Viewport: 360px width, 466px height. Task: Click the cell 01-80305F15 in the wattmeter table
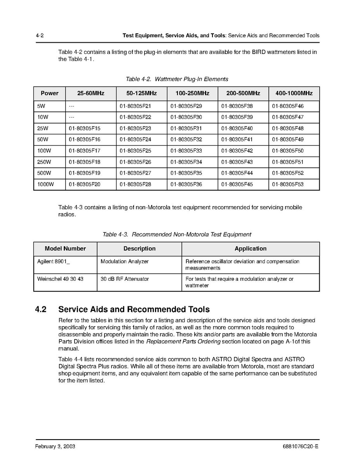[x=85, y=129]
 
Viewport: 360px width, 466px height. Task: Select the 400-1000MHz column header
[x=294, y=94]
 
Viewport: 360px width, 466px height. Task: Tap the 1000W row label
[x=46, y=184]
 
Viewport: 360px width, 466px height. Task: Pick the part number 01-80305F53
[x=288, y=184]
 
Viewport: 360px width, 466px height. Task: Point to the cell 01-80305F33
[x=186, y=151]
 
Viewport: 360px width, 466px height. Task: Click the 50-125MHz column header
[x=141, y=94]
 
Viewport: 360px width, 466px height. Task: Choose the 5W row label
[x=41, y=106]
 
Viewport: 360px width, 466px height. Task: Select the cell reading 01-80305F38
[x=237, y=106]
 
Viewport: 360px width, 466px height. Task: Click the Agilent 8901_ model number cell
[x=54, y=262]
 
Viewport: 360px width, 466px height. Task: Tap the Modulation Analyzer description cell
[x=125, y=262]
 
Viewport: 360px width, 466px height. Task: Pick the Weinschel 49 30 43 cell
[x=60, y=279]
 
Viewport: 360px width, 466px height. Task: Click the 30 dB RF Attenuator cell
[x=125, y=279]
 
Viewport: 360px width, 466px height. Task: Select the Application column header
[x=250, y=249]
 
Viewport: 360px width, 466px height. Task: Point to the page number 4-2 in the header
[x=39, y=36]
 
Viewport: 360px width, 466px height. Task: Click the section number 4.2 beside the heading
[x=41, y=310]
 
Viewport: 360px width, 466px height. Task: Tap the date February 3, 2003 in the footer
[x=55, y=447]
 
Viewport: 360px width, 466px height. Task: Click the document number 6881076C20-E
[x=301, y=447]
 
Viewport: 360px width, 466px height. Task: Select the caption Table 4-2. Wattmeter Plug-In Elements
[x=177, y=79]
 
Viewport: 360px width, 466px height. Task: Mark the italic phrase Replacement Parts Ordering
[x=183, y=342]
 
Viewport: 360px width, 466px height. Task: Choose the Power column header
[x=50, y=94]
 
